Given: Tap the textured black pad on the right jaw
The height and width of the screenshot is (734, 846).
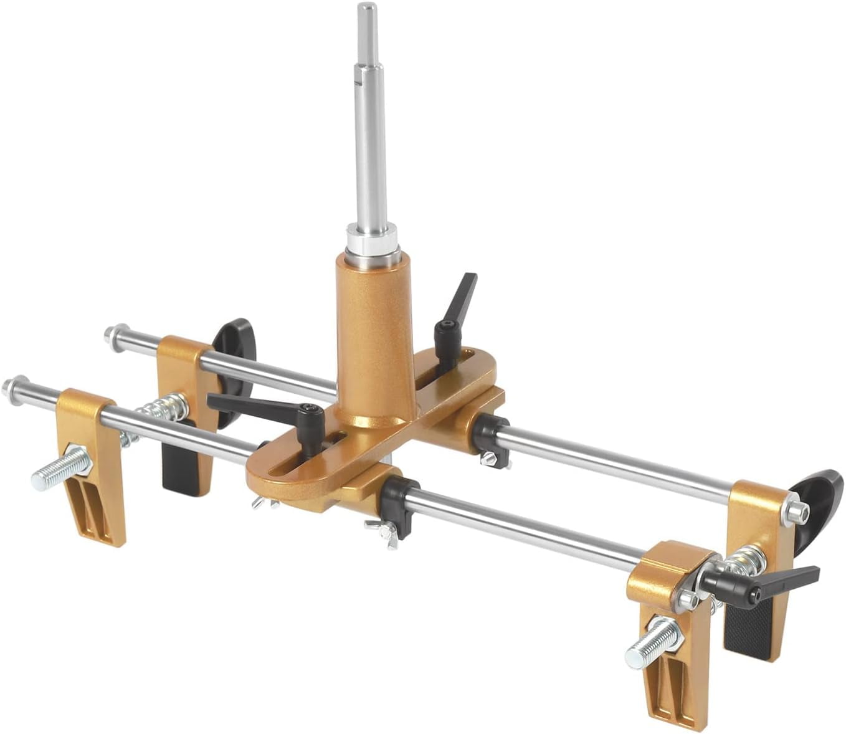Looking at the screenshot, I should [x=748, y=629].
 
